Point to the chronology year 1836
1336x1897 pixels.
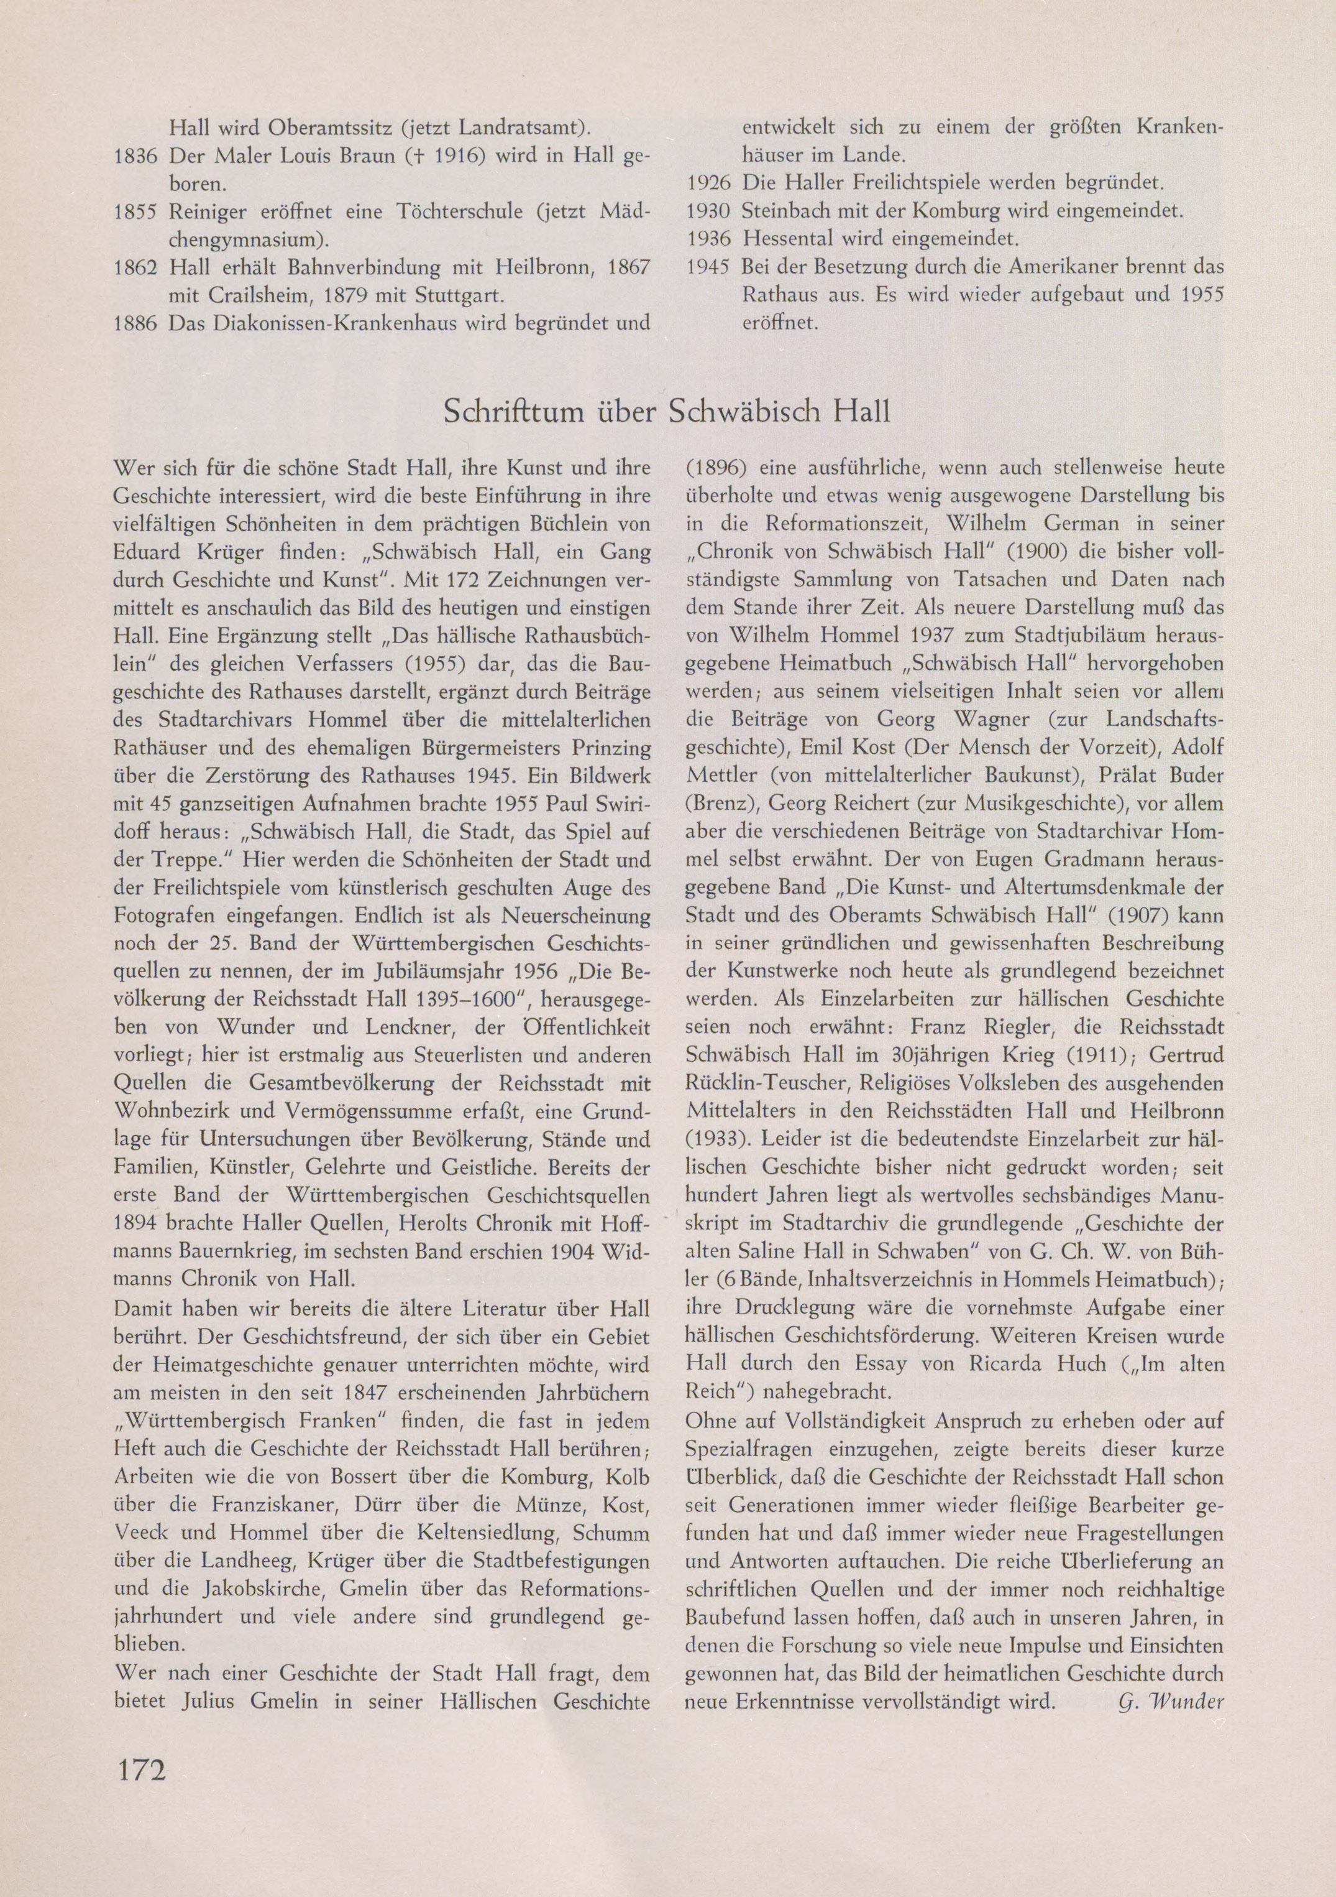135,155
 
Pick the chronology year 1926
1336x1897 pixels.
708,183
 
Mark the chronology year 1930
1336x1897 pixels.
708,211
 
